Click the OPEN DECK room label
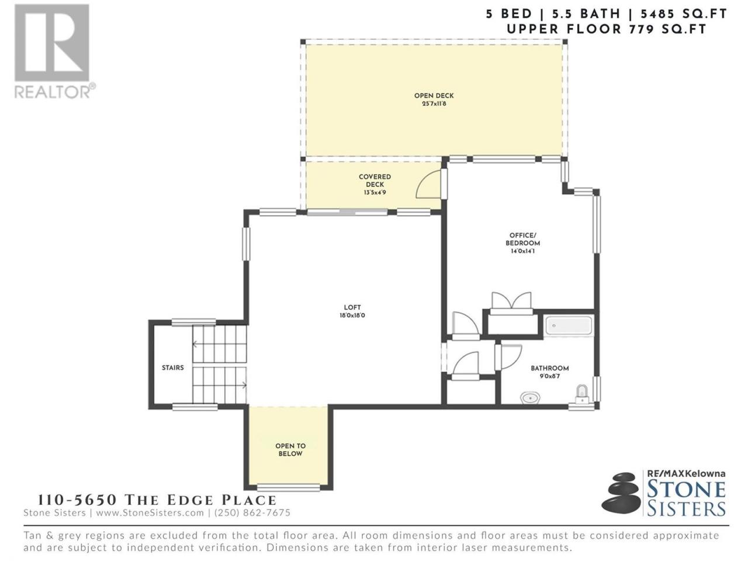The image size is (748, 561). [x=434, y=96]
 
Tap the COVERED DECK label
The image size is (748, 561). [x=375, y=181]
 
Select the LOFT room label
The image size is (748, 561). [x=352, y=307]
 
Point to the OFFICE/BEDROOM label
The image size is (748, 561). [x=523, y=239]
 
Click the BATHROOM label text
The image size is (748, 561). [x=550, y=368]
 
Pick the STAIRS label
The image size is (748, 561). [x=173, y=368]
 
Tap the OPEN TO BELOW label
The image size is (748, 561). [x=290, y=449]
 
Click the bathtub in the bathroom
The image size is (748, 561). [x=569, y=326]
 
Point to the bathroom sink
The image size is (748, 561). [x=531, y=397]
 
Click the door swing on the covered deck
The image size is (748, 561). [x=429, y=184]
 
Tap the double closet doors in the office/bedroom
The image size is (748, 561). [x=511, y=301]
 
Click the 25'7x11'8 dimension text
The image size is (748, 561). [x=434, y=104]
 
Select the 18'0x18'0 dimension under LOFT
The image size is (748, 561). [x=352, y=316]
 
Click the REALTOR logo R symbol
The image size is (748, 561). [x=52, y=43]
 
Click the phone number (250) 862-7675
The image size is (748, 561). [x=252, y=512]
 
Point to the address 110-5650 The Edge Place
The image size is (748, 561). [x=157, y=500]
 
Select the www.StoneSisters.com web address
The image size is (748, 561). [x=150, y=512]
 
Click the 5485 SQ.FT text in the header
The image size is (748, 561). [x=684, y=14]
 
